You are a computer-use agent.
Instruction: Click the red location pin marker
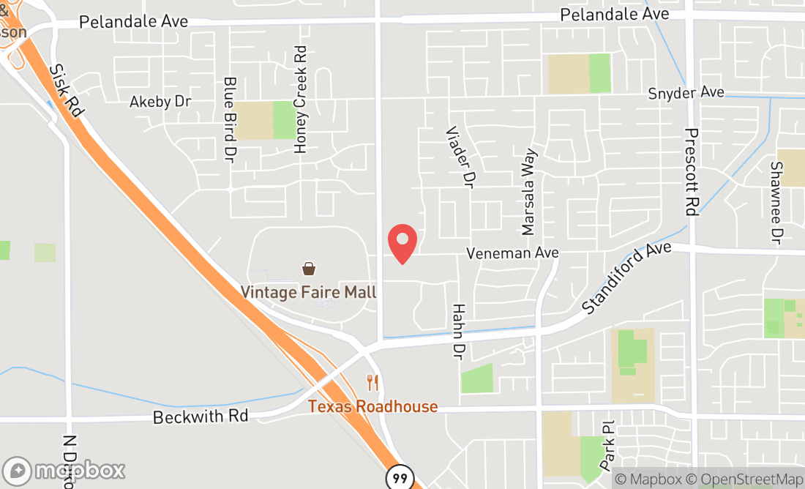coord(402,244)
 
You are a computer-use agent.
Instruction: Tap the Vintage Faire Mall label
coord(309,293)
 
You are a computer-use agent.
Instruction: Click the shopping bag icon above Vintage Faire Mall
coord(309,269)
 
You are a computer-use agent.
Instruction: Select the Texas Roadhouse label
coord(372,406)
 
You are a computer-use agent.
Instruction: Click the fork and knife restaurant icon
coord(372,381)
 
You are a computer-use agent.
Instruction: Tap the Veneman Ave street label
coord(513,253)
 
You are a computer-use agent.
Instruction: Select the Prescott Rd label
coord(692,171)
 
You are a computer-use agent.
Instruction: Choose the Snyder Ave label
coord(686,93)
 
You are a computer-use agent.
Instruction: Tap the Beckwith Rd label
coord(201,417)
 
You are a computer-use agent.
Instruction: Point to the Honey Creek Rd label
coord(300,100)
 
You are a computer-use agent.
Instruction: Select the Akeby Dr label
coord(160,101)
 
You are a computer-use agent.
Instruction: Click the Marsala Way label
coord(528,193)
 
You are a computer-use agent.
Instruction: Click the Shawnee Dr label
coord(776,203)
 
